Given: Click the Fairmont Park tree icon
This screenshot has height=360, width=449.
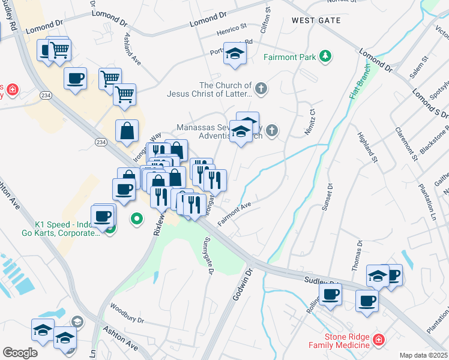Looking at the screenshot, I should pos(325,56).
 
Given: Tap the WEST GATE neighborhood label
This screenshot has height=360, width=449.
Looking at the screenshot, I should pos(316,20).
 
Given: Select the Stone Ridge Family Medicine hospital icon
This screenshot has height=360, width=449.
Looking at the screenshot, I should pos(378,340).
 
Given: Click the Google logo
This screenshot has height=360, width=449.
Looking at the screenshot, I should pos(20,353).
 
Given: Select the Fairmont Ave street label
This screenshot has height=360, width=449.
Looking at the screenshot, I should pos(234,214).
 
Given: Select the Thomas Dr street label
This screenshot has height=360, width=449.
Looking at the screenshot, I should pos(360,253).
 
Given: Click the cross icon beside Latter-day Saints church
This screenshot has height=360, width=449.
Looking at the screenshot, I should pos(261,89).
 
